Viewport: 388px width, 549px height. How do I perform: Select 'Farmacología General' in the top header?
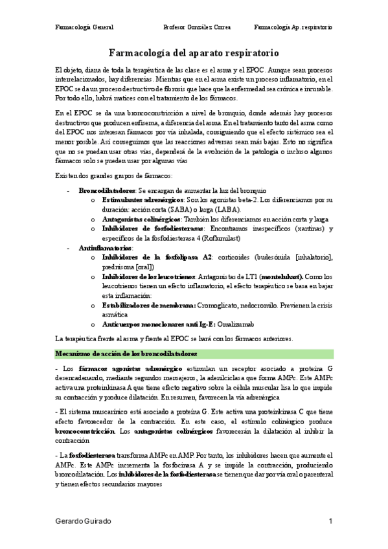[x=85, y=28]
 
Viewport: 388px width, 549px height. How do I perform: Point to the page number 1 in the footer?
[x=330, y=521]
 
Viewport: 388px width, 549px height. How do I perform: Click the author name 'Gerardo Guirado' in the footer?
[x=83, y=521]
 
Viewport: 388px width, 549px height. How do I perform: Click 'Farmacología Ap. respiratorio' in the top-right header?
[x=293, y=28]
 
